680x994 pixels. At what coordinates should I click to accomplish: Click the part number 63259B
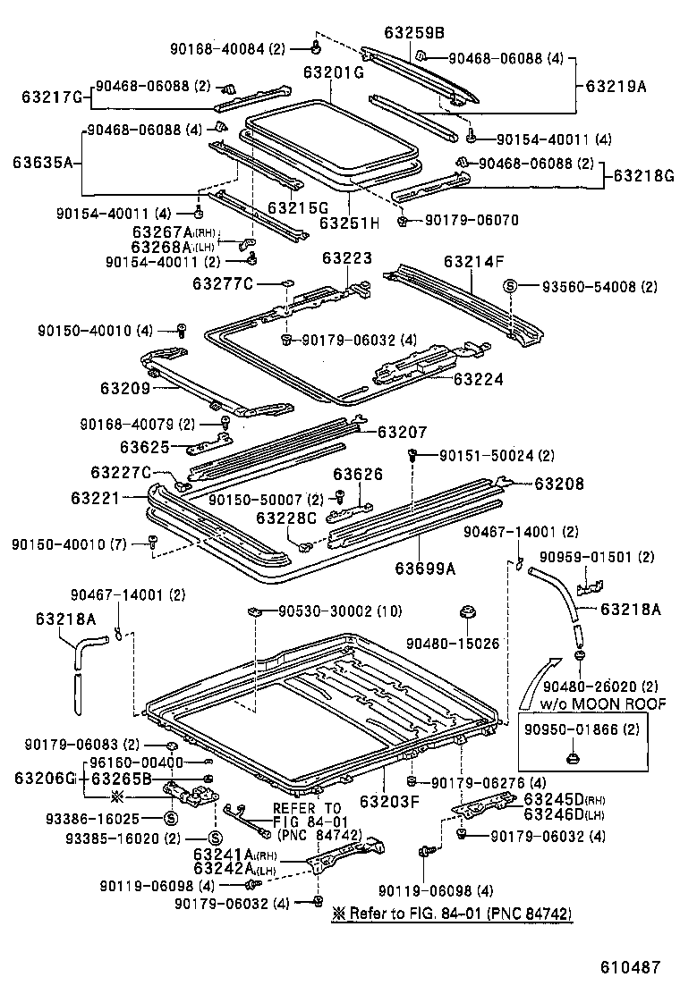[x=414, y=32]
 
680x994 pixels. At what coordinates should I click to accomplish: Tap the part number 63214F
[x=474, y=262]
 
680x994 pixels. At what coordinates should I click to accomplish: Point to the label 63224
[x=478, y=380]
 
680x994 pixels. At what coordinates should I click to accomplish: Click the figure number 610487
[x=630, y=967]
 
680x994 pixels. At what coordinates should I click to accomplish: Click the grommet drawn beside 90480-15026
[x=466, y=615]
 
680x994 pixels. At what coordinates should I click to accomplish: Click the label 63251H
[x=350, y=222]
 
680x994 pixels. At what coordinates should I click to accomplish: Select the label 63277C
[x=224, y=283]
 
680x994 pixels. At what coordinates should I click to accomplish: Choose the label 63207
[x=402, y=432]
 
